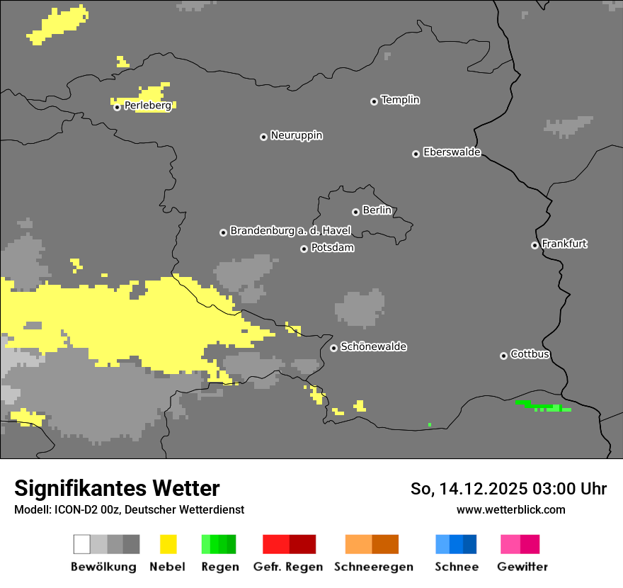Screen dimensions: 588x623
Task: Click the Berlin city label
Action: pyautogui.click(x=377, y=210)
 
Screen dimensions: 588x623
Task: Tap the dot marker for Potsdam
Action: pyautogui.click(x=304, y=249)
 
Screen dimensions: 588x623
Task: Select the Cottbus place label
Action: pyautogui.click(x=530, y=354)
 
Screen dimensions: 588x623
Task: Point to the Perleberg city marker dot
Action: pyautogui.click(x=117, y=107)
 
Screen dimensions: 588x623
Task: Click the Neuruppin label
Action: pyautogui.click(x=297, y=135)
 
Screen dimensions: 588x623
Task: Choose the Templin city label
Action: pyautogui.click(x=400, y=100)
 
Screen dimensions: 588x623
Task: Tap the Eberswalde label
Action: pyautogui.click(x=452, y=152)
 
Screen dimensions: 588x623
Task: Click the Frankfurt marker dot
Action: pyautogui.click(x=535, y=245)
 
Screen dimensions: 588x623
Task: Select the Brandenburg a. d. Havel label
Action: pyautogui.click(x=290, y=231)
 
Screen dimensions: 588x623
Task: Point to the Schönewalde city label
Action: pyautogui.click(x=373, y=346)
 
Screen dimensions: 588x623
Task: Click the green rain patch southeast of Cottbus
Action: pyautogui.click(x=544, y=407)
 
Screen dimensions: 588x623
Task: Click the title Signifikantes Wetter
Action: pyautogui.click(x=117, y=489)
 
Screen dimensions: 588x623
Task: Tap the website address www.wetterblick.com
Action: pyautogui.click(x=510, y=510)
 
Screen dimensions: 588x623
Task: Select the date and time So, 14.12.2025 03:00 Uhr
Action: pyautogui.click(x=508, y=489)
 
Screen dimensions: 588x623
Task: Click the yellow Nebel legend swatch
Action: pyautogui.click(x=168, y=544)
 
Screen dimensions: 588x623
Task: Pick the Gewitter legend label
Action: pyautogui.click(x=522, y=567)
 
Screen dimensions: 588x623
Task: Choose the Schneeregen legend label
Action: pyautogui.click(x=374, y=567)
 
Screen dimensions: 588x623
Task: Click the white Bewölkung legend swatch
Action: pyautogui.click(x=82, y=544)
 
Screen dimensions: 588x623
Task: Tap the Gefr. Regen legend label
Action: pyautogui.click(x=287, y=567)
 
